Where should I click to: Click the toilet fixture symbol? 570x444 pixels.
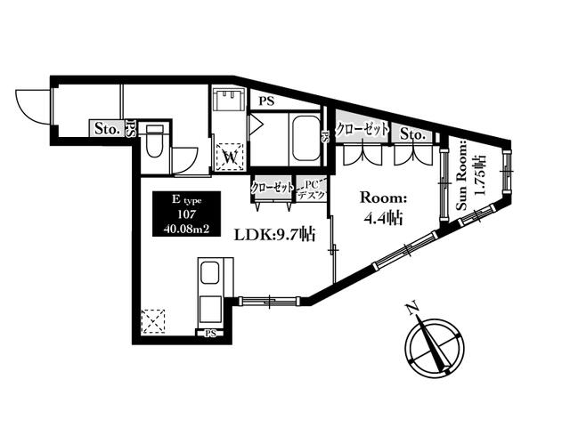[x=155, y=141]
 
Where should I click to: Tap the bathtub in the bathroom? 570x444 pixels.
[x=306, y=140]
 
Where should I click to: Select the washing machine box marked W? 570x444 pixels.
[x=230, y=157]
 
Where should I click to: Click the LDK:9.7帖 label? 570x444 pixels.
[x=274, y=235]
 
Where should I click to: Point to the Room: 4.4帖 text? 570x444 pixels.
[x=383, y=208]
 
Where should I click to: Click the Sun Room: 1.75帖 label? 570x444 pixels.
[x=470, y=175]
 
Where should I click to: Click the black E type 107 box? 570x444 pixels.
[x=186, y=214]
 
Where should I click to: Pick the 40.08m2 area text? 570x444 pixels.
[x=186, y=229]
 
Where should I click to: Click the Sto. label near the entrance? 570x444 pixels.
[x=107, y=128]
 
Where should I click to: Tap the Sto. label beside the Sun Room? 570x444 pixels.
[x=412, y=134]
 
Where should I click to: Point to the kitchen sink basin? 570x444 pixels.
[x=210, y=272]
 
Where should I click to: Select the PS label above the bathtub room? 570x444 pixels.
[x=266, y=101]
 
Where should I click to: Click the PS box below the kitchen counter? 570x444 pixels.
[x=210, y=333]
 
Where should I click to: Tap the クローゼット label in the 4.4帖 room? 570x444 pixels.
[x=362, y=129]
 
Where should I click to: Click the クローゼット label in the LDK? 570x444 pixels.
[x=273, y=188]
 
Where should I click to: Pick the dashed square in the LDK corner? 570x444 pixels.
[x=153, y=321]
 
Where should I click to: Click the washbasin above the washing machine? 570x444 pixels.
[x=230, y=100]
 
